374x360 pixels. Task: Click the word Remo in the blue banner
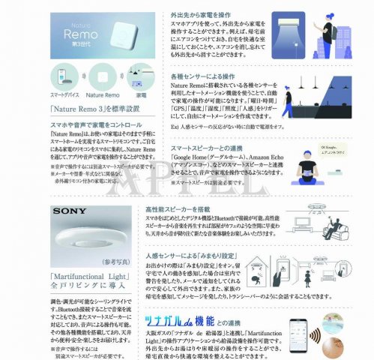[83, 34]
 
